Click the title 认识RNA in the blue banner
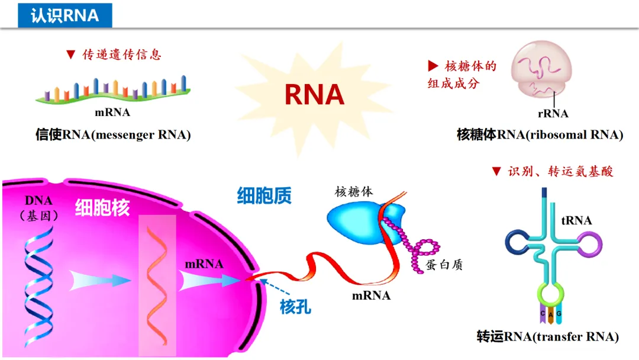[x=64, y=15]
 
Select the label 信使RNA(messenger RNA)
[x=113, y=135]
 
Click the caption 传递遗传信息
[x=121, y=54]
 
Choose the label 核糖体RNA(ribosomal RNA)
[x=540, y=135]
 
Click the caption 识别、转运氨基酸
[x=560, y=172]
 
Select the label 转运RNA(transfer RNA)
[x=547, y=337]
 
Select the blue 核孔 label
[x=295, y=307]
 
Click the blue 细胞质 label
[x=264, y=196]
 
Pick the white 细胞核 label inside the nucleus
[x=102, y=207]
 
